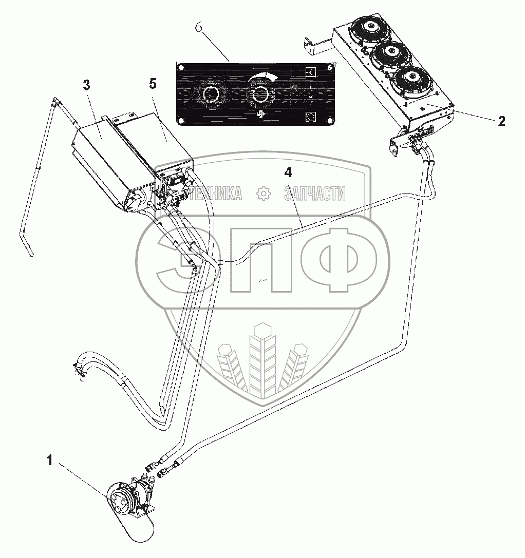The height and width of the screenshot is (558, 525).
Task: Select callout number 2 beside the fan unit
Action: pos(501,122)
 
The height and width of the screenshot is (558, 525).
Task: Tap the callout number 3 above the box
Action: pos(87,85)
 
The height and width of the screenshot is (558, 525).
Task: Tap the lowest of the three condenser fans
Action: pos(410,78)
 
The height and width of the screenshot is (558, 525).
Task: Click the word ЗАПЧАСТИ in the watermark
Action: pos(314,193)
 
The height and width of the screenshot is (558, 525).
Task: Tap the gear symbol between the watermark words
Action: pos(262,193)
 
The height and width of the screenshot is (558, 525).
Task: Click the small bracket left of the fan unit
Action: pos(314,46)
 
